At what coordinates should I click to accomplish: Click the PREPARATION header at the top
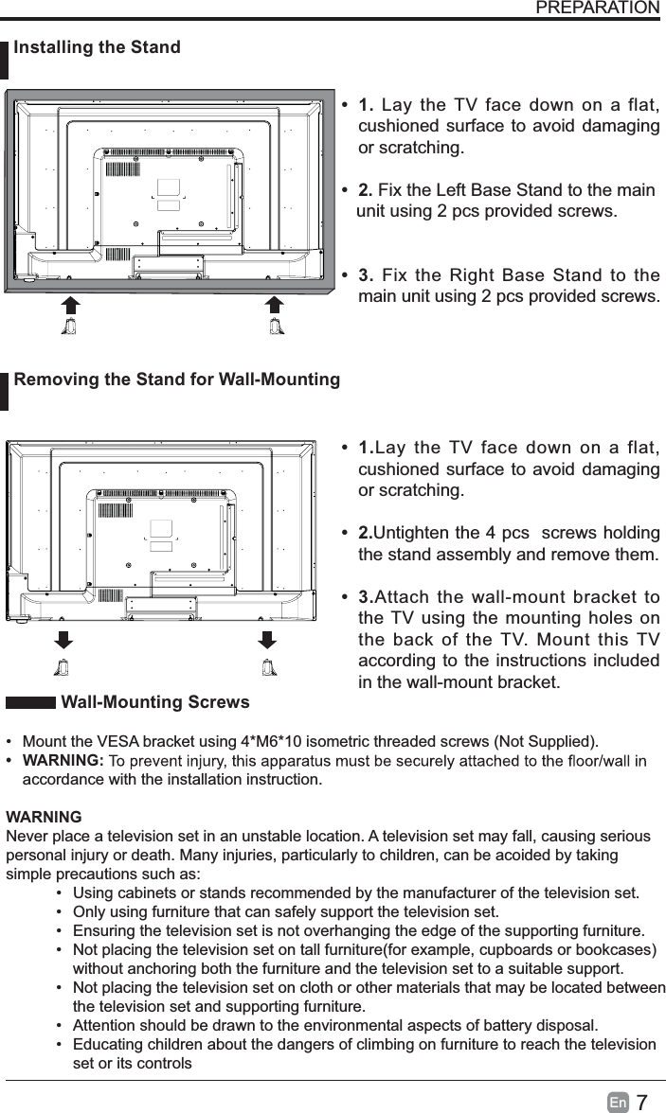tap(597, 9)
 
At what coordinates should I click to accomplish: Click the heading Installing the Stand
tap(98, 47)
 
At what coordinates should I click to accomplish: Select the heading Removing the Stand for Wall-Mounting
tap(177, 380)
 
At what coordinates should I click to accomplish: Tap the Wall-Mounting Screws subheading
tap(155, 702)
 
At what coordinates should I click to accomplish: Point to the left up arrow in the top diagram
tap(70, 305)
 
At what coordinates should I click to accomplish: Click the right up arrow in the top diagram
tap(274, 305)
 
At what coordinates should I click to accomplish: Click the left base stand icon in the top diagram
tap(69, 327)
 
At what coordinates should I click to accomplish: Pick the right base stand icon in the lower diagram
tap(268, 665)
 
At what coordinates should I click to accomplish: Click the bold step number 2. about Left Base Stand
tap(366, 190)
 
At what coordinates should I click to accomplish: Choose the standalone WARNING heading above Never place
tap(44, 818)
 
